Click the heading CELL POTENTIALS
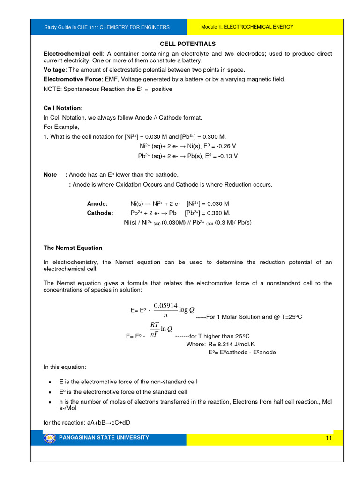click(x=187, y=44)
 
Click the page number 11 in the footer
click(x=328, y=438)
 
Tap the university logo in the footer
click(x=49, y=438)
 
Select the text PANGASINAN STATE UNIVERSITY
click(x=104, y=438)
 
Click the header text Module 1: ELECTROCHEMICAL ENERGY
click(x=247, y=27)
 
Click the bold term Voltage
click(x=54, y=70)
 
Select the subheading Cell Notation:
click(x=63, y=108)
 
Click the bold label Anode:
click(x=97, y=204)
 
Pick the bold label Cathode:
click(x=100, y=213)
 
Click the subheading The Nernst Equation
click(x=73, y=247)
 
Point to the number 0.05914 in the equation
click(x=165, y=306)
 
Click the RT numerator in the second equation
click(x=155, y=324)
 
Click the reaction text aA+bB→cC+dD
click(x=86, y=422)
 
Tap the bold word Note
click(x=50, y=175)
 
